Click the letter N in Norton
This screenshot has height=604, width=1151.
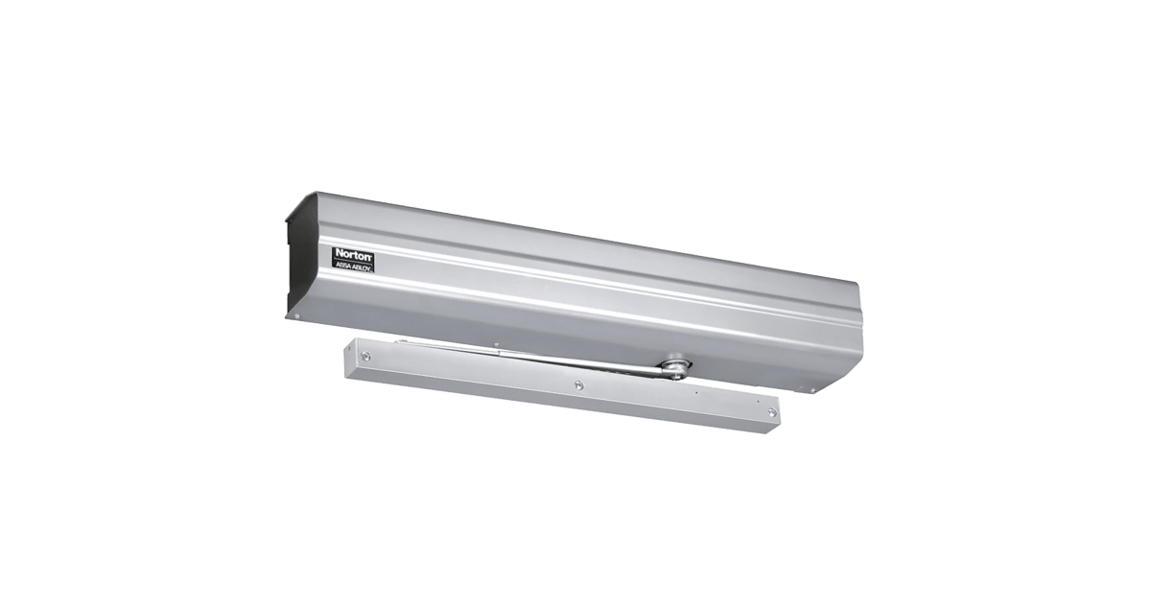[x=340, y=253]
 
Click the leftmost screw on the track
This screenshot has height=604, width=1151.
[x=365, y=356]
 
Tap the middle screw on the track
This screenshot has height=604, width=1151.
[x=579, y=384]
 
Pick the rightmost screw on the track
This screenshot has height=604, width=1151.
[x=772, y=412]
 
